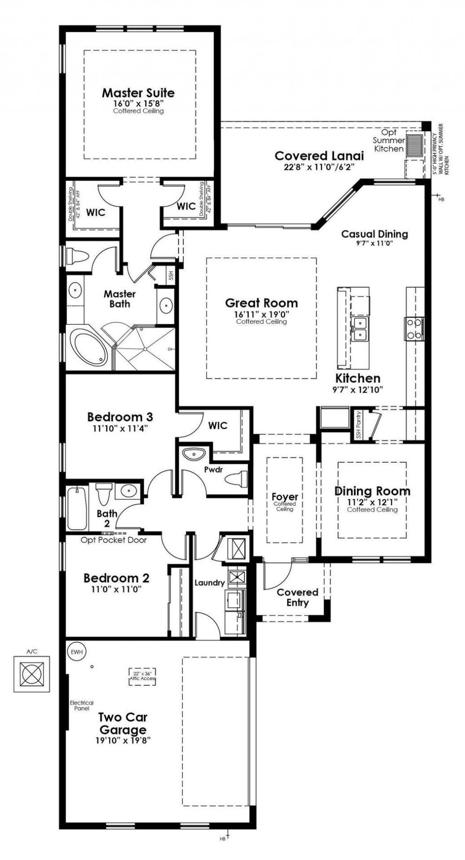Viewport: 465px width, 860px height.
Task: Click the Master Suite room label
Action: (138, 93)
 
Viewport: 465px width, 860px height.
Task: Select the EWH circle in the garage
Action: (77, 652)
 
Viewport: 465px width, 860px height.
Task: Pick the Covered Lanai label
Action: (319, 156)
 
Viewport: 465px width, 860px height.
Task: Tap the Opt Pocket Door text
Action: (114, 540)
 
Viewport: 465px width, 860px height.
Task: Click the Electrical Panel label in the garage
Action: (81, 705)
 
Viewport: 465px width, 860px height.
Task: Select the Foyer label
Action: (285, 497)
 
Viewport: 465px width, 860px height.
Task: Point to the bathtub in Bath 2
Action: (77, 508)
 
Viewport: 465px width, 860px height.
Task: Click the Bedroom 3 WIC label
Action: (218, 425)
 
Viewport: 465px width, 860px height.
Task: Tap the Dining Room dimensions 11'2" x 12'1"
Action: (372, 502)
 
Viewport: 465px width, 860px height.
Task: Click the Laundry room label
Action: (209, 582)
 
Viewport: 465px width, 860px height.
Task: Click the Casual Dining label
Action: (374, 234)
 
